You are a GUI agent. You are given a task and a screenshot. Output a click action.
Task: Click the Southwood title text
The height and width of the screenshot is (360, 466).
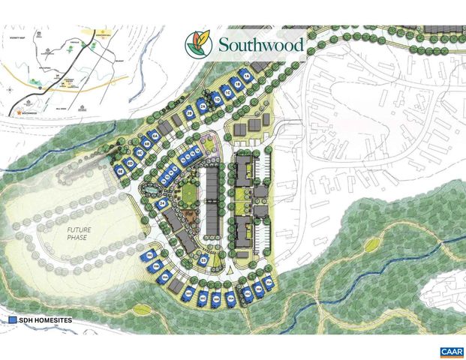click(261, 45)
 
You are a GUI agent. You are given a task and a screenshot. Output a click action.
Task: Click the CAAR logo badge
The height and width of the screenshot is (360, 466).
click(451, 351)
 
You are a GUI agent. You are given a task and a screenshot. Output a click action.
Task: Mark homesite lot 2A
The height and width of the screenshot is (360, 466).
click(203, 108)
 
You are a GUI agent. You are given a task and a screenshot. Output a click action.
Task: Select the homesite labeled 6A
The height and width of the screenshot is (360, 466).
click(155, 135)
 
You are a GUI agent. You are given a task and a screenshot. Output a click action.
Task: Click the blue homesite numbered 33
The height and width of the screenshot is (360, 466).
click(203, 260)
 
